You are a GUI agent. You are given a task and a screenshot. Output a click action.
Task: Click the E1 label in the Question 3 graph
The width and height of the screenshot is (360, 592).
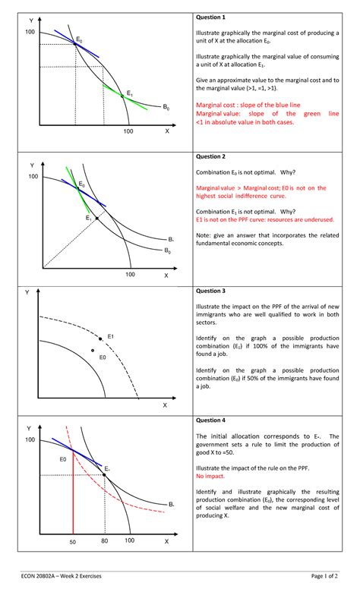click(x=111, y=336)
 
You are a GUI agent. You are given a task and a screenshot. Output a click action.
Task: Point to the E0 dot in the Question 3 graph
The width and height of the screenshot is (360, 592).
click(x=93, y=351)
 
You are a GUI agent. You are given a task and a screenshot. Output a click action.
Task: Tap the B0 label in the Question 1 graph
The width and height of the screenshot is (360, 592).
click(x=166, y=108)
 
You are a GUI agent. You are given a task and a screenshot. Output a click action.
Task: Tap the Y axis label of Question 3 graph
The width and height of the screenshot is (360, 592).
click(x=27, y=292)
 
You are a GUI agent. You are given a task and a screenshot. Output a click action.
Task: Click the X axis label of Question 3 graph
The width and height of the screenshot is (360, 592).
click(x=164, y=405)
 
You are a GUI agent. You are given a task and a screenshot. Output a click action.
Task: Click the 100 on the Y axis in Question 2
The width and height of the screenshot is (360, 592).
click(x=31, y=176)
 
